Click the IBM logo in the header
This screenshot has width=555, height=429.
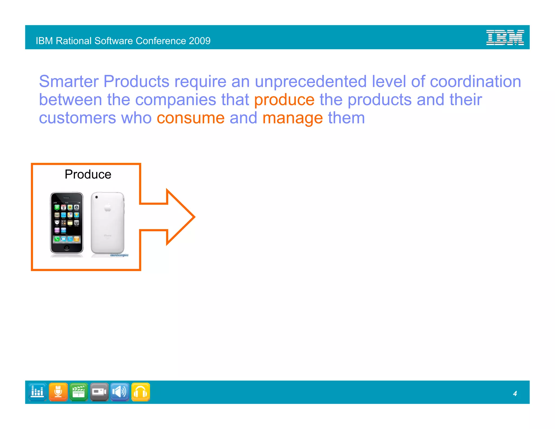[505, 37]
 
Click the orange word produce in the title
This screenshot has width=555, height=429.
[284, 100]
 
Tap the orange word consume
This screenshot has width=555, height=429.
[191, 118]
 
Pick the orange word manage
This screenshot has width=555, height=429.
[292, 119]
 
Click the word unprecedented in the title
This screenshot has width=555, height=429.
[311, 81]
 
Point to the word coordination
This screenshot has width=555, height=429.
[475, 81]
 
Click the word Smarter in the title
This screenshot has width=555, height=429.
[69, 81]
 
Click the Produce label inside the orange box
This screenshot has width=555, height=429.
[88, 174]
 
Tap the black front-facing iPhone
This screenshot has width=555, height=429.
[67, 223]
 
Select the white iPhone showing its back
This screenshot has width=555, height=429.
[108, 223]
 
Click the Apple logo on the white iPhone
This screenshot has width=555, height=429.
[108, 208]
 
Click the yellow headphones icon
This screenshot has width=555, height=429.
[140, 392]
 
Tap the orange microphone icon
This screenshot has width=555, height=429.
[58, 392]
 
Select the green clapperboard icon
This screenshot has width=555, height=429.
[79, 392]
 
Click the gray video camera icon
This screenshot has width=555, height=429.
[99, 392]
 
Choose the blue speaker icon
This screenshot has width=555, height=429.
[120, 392]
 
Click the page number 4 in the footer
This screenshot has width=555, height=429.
[515, 393]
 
